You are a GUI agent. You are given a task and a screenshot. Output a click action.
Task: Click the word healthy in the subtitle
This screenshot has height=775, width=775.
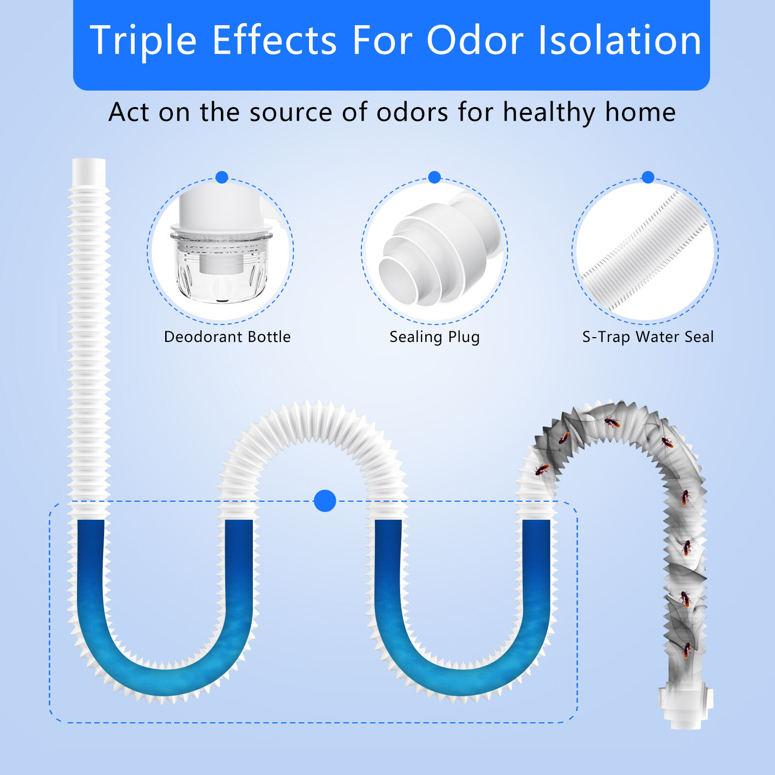coord(549,113)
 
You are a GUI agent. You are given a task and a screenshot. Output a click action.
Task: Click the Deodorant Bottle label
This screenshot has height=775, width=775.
coord(227,337)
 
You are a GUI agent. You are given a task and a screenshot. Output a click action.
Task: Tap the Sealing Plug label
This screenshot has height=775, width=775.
coord(434,337)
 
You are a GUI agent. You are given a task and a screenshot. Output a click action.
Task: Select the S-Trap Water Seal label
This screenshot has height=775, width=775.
coord(648,337)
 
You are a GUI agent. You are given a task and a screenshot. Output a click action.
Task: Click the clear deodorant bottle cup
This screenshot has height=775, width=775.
coord(221,266)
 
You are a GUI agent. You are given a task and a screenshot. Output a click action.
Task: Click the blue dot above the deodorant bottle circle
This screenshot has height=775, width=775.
coord(222,177)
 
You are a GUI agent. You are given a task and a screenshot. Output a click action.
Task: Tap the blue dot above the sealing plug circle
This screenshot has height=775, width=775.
coord(434,177)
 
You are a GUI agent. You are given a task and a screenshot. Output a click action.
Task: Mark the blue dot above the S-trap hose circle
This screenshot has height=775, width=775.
coord(648,177)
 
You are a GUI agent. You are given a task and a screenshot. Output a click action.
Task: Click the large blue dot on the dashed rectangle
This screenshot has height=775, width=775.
coord(325,501)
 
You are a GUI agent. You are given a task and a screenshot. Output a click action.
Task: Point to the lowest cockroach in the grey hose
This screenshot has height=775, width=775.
coord(687,650)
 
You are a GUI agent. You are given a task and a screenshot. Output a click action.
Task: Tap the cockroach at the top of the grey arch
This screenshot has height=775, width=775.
coord(612,423)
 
